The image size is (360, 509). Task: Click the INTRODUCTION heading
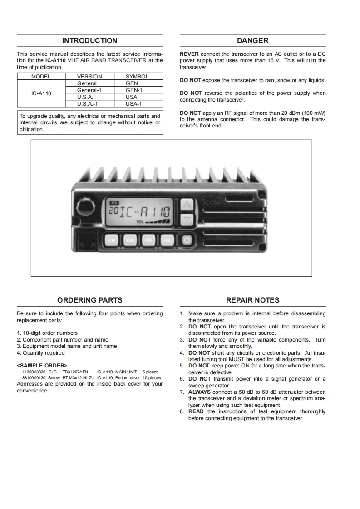(89, 41)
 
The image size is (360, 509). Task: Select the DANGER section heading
(252, 41)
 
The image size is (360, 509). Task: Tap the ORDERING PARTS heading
(89, 300)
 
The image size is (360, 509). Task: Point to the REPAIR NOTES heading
(252, 300)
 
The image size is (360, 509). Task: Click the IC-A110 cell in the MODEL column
(41, 93)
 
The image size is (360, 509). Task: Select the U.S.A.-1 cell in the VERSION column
(88, 103)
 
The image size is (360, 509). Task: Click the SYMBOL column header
(137, 77)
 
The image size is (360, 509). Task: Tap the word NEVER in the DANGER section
(189, 54)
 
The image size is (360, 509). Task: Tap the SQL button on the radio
(168, 240)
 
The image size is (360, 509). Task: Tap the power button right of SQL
(187, 240)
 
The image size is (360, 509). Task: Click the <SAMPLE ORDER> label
(42, 365)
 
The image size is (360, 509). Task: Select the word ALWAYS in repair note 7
(200, 392)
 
